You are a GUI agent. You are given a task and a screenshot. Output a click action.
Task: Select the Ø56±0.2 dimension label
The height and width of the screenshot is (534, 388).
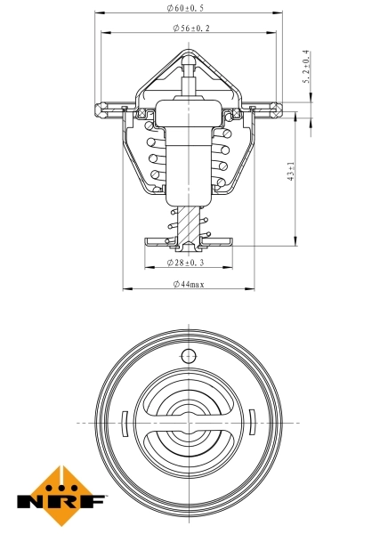point(188,29)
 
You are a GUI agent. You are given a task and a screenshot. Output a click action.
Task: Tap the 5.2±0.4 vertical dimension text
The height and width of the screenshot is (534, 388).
point(307,68)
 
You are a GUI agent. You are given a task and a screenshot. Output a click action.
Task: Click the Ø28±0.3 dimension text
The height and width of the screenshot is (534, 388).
point(187,263)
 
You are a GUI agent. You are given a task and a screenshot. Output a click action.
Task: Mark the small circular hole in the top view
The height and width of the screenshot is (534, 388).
point(187,357)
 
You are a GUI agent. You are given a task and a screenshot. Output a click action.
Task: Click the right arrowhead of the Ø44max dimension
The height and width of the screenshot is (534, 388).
point(250,289)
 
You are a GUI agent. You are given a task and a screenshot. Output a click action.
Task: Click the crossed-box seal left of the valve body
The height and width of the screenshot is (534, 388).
point(140,113)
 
